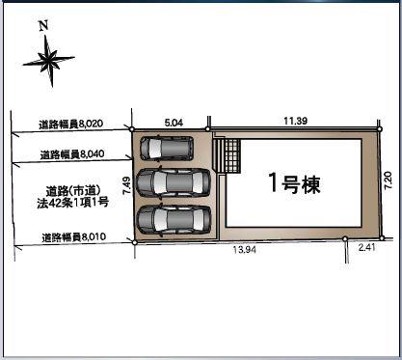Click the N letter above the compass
[x=43, y=25]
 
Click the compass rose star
[x=49, y=60]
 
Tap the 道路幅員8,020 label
[x=71, y=124]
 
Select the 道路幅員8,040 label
[x=72, y=154]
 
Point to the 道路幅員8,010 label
[x=74, y=237]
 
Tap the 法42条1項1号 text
[x=72, y=203]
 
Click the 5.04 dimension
[x=174, y=123]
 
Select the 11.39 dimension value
[x=295, y=121]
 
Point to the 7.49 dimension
[x=126, y=185]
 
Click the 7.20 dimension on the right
[x=389, y=180]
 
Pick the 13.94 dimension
[x=245, y=249]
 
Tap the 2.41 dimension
[x=366, y=248]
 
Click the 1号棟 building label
[x=294, y=183]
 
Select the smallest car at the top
[x=167, y=148]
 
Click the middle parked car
[x=174, y=182]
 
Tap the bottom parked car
[x=174, y=219]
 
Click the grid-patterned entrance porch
[x=232, y=155]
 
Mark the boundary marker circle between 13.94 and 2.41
[x=345, y=238]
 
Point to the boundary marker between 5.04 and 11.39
[x=208, y=129]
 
